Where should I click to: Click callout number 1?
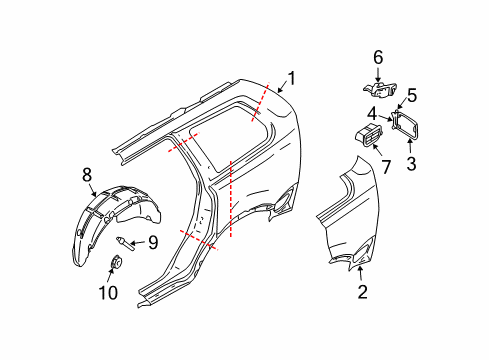point(292,77)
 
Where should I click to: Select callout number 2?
point(362,292)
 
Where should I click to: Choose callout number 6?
point(378,58)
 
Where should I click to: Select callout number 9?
point(153,241)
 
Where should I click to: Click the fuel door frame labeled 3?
point(408,125)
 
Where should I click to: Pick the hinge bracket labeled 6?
point(379,87)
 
